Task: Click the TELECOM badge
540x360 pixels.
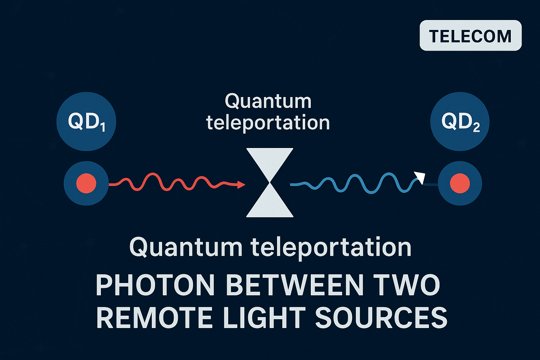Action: (470, 36)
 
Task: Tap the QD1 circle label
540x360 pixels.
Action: (86, 122)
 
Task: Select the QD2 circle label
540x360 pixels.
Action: (460, 122)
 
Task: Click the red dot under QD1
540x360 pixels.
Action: (86, 183)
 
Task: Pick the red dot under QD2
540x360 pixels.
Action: (460, 183)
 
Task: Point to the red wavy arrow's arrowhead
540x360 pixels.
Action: (241, 184)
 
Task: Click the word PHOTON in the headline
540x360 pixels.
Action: (155, 285)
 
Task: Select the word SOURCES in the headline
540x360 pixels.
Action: (381, 318)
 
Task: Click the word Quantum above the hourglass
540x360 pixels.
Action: (268, 101)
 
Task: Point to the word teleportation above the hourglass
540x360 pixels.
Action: (268, 123)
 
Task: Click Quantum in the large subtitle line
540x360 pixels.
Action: (186, 247)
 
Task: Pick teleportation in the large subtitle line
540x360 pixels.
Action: (331, 247)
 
